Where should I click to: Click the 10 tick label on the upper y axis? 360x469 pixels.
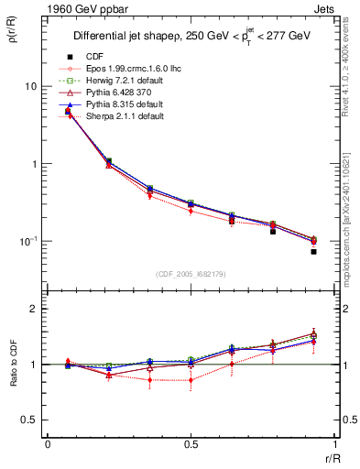pyautogui.click(x=30, y=86)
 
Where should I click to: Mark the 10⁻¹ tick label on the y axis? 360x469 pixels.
pyautogui.click(x=27, y=240)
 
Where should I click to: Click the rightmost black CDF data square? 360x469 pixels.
pyautogui.click(x=313, y=251)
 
